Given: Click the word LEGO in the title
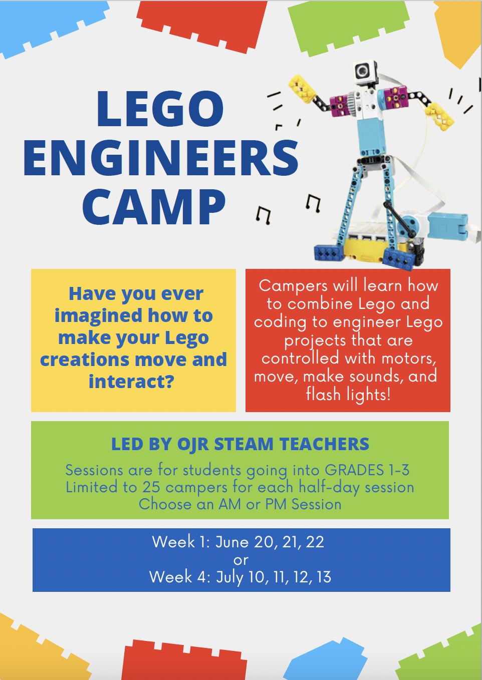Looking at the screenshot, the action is point(160,109).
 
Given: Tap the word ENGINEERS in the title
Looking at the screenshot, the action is point(161,158).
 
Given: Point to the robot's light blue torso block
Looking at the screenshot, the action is point(371,134).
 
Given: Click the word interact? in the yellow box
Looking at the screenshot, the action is point(131,381).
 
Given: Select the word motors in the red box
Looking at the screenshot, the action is point(408,359).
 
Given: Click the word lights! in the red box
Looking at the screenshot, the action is point(367,395).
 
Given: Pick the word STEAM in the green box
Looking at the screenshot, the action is point(244,444).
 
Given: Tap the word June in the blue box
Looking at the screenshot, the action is point(232,542).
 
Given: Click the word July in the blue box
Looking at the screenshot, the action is point(230,577).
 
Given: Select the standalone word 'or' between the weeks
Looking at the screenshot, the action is point(241,560).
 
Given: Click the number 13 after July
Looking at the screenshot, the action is point(324,577).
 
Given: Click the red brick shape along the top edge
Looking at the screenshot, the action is point(202,24).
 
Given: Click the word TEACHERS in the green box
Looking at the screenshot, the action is point(324,444).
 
